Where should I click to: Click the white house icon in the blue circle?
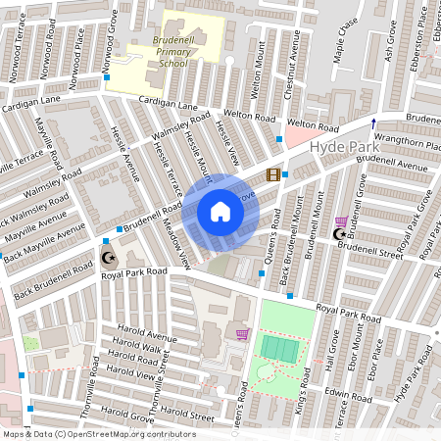click(220, 212)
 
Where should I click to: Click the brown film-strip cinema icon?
click(272, 174)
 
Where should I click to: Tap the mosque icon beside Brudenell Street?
click(340, 233)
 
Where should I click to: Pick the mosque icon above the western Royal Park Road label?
click(108, 259)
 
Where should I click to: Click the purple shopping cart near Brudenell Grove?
click(340, 221)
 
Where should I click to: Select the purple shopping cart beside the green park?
click(242, 334)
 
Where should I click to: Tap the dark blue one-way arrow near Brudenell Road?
click(372, 122)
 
